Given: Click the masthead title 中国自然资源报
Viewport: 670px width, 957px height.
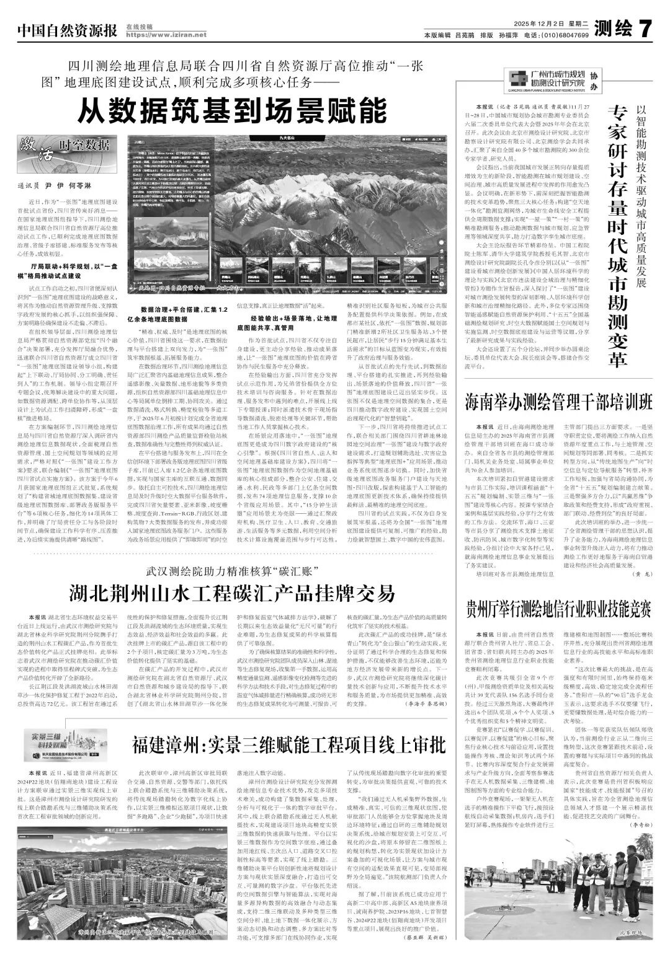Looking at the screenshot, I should tap(67, 29).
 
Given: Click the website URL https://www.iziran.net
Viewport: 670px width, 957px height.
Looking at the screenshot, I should tap(166, 35).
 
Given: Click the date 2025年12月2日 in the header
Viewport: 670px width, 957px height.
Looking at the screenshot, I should tap(540, 23).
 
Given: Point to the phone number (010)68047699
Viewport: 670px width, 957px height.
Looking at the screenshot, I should tap(564, 35).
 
